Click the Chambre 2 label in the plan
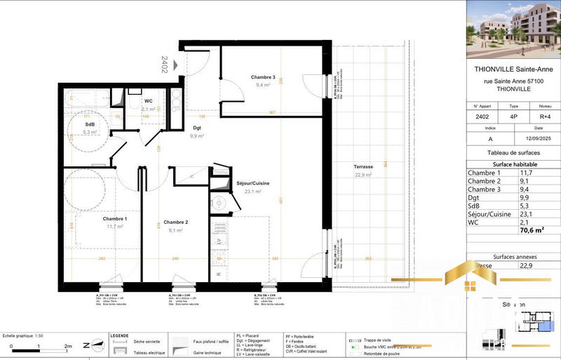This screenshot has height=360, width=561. tap(175, 222)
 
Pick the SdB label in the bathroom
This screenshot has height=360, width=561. tap(90, 124)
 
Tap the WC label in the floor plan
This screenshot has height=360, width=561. tap(148, 101)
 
